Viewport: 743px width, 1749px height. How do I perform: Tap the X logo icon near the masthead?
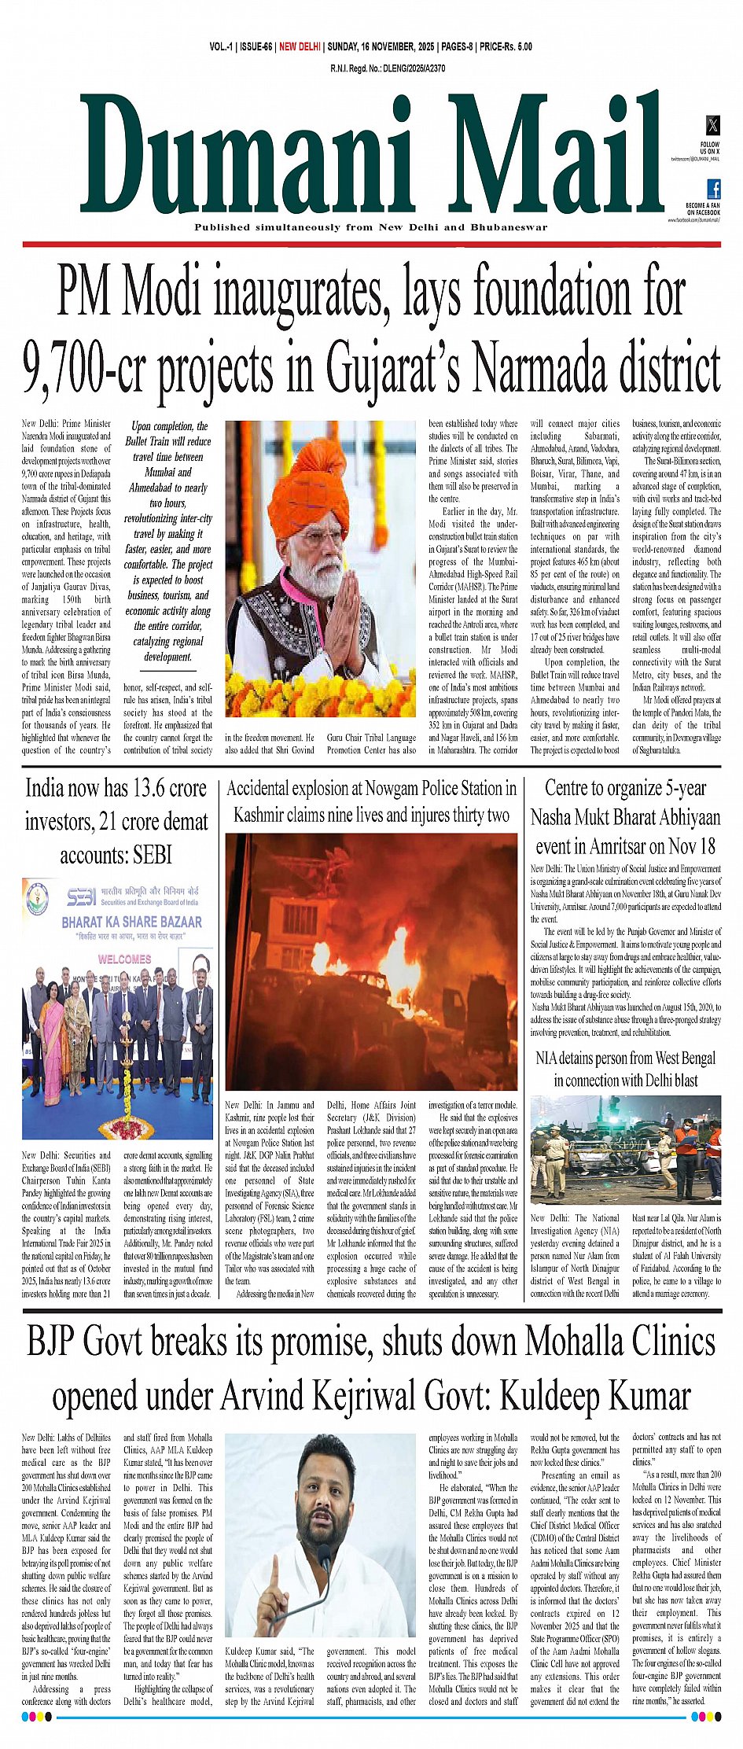(x=712, y=125)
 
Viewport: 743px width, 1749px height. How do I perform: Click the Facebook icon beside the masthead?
(x=714, y=189)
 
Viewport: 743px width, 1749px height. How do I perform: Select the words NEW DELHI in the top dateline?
(x=300, y=47)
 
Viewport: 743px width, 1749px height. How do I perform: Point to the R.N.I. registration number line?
(x=388, y=68)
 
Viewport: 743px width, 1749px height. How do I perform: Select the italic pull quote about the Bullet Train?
(x=167, y=541)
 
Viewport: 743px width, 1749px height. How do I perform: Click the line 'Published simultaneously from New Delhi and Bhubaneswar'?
(x=370, y=227)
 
